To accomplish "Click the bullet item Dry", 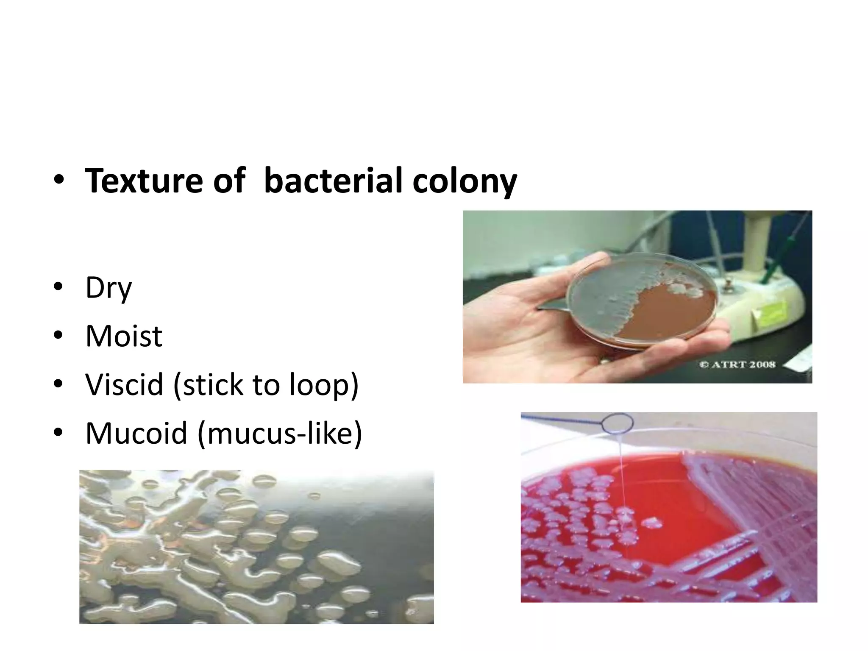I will coord(108,288).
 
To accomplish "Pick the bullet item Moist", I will coord(124,337).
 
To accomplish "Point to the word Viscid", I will coord(124,385).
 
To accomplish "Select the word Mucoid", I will coord(136,433).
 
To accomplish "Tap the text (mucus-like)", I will coord(280,433).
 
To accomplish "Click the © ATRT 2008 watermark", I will coord(737,364).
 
